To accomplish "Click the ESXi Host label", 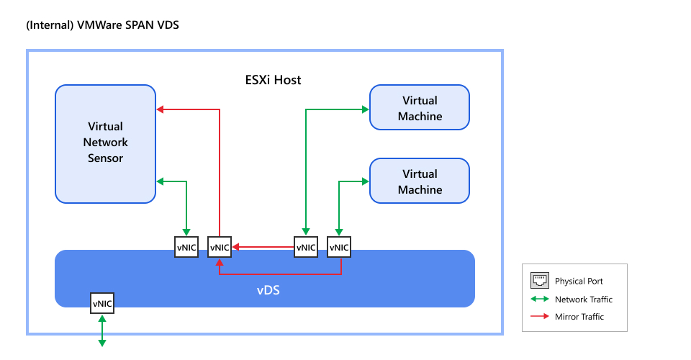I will (x=273, y=80).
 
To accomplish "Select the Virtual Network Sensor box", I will (x=105, y=142).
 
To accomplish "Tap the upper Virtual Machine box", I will (x=420, y=108).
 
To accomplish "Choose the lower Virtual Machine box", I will (x=420, y=181).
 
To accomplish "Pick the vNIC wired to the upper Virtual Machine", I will (x=306, y=248).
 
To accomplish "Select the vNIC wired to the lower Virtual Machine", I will (x=339, y=248).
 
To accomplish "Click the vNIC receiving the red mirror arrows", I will (x=220, y=248).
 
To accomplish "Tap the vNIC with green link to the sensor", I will (x=186, y=248).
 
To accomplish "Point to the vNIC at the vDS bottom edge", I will (x=102, y=304).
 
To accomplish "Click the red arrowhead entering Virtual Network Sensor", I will (x=161, y=109).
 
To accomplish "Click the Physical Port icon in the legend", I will (x=539, y=281).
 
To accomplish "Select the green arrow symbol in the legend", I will (x=539, y=300).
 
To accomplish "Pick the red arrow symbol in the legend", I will (x=539, y=317).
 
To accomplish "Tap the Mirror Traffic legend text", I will (x=579, y=317).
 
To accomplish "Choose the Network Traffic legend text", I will (x=583, y=300).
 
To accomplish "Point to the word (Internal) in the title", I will (x=49, y=25).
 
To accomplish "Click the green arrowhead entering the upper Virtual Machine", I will (x=365, y=109).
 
